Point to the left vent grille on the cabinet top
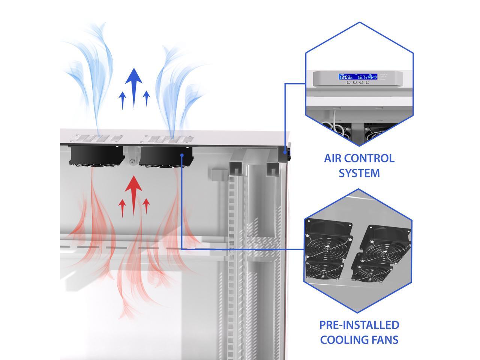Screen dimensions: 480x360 point(97,138)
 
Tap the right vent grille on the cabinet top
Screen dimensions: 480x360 point(166,139)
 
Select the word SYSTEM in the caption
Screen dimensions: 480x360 point(359,173)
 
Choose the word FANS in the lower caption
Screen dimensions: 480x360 point(385,340)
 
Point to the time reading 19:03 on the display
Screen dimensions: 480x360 point(345,77)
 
